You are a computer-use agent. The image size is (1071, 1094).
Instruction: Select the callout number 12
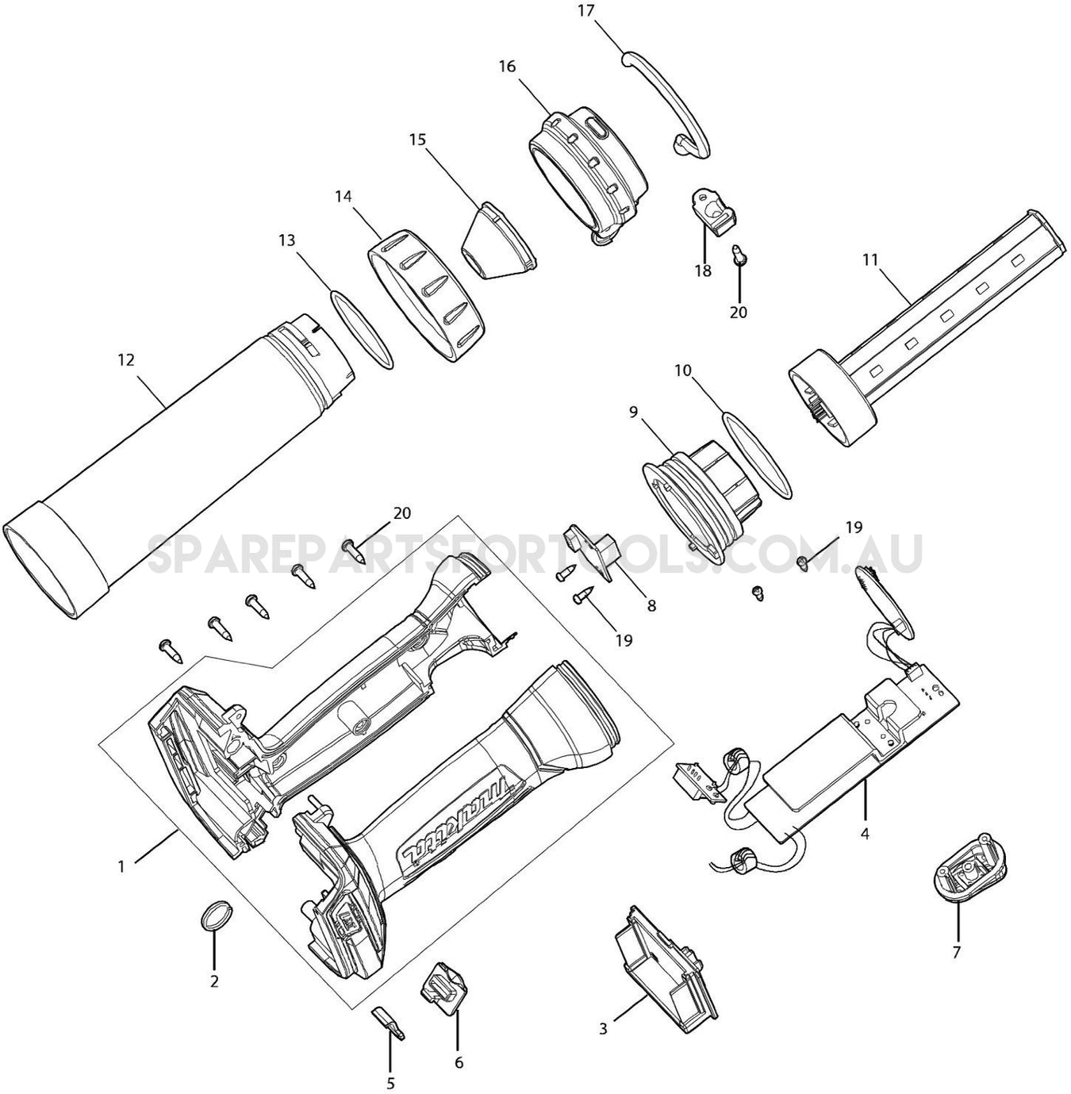(125, 360)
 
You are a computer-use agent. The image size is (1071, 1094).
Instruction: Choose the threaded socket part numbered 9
(698, 500)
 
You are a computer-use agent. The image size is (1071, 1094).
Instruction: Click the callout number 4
(865, 834)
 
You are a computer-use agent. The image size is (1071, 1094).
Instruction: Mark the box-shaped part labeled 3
(666, 960)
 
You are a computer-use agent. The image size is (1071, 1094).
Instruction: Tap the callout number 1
(121, 867)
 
